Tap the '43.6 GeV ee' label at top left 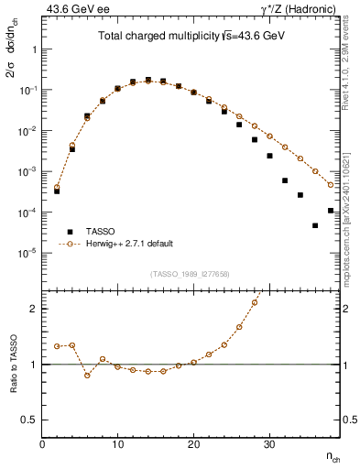pos(71,8)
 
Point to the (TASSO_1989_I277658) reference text pos(191,274)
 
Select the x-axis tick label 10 pos(117,444)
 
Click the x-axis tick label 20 pos(193,444)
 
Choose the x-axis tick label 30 pos(269,444)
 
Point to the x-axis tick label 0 pos(42,444)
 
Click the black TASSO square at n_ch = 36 pos(315,225)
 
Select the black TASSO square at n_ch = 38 pos(331,211)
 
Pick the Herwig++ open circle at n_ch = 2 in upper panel pos(57,187)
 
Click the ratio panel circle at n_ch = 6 pos(87,375)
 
